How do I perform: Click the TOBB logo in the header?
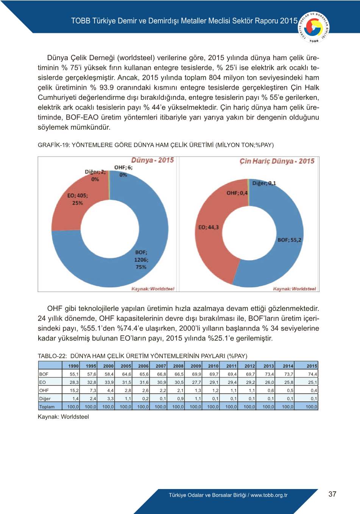314,27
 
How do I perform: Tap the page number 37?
332,494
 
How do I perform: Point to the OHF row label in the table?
44,390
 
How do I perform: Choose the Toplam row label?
47,407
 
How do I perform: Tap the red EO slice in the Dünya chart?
68,212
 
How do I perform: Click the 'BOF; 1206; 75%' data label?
141,259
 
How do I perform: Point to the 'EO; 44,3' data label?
208,227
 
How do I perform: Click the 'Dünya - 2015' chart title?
153,160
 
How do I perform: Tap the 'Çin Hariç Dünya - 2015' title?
277,161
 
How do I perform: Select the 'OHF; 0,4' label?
237,193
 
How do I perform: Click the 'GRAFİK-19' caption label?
54,145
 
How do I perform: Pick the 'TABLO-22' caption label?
52,356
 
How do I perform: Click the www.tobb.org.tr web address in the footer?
269,495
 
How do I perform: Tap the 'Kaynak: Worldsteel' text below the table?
63,417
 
